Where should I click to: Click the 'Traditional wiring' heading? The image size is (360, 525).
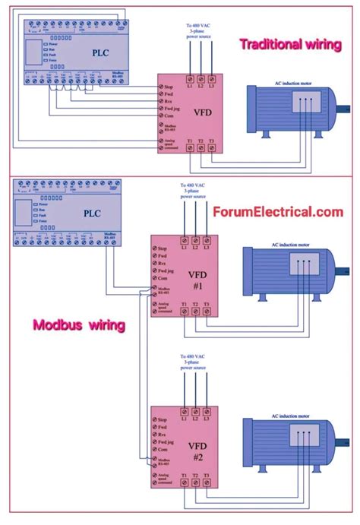point(290,44)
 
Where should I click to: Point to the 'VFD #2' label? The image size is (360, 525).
point(196,451)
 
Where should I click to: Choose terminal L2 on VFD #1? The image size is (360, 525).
point(197,247)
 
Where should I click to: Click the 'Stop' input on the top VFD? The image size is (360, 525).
point(169,88)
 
